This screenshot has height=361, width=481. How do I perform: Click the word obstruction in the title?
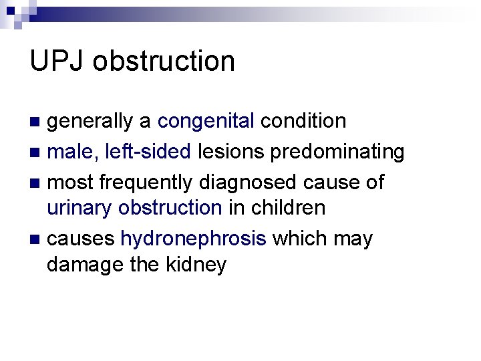click(164, 61)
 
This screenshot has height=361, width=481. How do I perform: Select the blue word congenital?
click(206, 121)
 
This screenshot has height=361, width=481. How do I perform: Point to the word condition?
click(303, 121)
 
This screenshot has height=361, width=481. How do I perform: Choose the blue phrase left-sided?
click(148, 152)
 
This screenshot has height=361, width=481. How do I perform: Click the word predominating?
click(337, 152)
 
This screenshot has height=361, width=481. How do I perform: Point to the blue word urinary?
click(79, 208)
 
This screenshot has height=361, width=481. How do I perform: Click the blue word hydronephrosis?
click(193, 239)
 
